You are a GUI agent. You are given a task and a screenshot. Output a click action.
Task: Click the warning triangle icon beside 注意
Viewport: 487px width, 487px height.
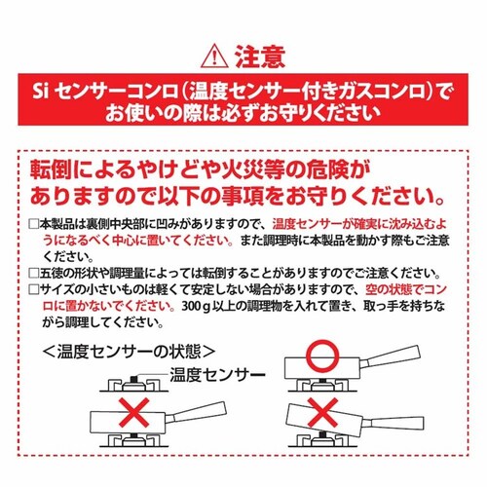click(214, 57)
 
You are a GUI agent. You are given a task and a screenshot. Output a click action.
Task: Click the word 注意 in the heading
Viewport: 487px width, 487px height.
click(260, 56)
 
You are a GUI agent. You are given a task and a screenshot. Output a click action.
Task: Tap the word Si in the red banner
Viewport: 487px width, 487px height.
click(40, 92)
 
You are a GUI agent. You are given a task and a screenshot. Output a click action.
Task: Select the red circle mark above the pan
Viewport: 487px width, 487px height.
click(322, 356)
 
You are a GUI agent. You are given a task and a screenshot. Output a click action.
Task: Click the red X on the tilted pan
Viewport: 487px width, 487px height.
click(322, 412)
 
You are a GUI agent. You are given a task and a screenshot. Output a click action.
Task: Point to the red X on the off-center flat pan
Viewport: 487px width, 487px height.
click(134, 412)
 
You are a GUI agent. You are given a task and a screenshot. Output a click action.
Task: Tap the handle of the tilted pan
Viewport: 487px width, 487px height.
click(395, 423)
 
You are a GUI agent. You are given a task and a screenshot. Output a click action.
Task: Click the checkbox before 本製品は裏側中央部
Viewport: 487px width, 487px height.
click(34, 224)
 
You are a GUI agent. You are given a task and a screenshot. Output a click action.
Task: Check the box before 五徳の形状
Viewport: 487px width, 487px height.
click(34, 273)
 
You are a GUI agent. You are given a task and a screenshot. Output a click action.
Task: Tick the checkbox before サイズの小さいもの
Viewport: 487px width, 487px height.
click(34, 289)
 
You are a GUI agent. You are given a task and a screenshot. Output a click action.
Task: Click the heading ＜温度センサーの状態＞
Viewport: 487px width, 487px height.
click(129, 352)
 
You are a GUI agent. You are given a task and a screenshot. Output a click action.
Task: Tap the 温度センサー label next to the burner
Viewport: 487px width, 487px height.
click(217, 375)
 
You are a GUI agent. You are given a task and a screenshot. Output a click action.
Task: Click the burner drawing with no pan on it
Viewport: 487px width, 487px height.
click(134, 384)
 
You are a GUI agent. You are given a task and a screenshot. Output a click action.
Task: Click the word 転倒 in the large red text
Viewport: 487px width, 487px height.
click(53, 169)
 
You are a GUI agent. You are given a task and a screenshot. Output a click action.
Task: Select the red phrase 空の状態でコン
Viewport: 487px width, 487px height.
click(406, 289)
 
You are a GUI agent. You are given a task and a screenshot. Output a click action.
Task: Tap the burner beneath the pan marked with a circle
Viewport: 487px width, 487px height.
click(322, 385)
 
